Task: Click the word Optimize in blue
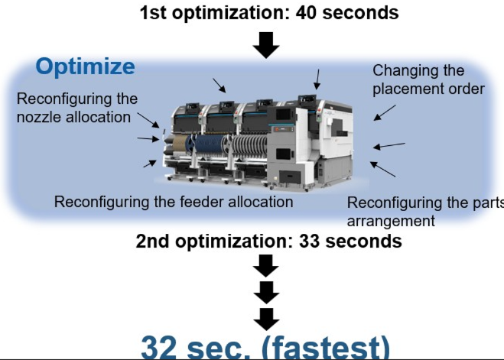(x=85, y=67)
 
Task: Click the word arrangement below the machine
(x=391, y=221)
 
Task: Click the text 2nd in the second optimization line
(x=153, y=242)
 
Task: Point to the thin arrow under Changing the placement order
(x=385, y=112)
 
